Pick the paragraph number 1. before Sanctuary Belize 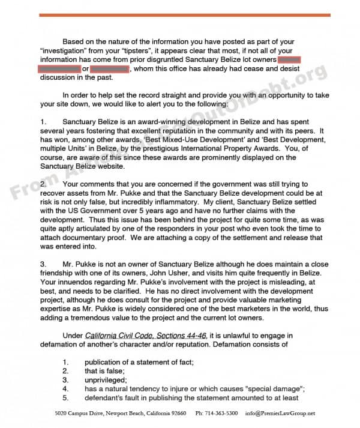(x=43, y=122)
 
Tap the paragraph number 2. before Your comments (x=43, y=183)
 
